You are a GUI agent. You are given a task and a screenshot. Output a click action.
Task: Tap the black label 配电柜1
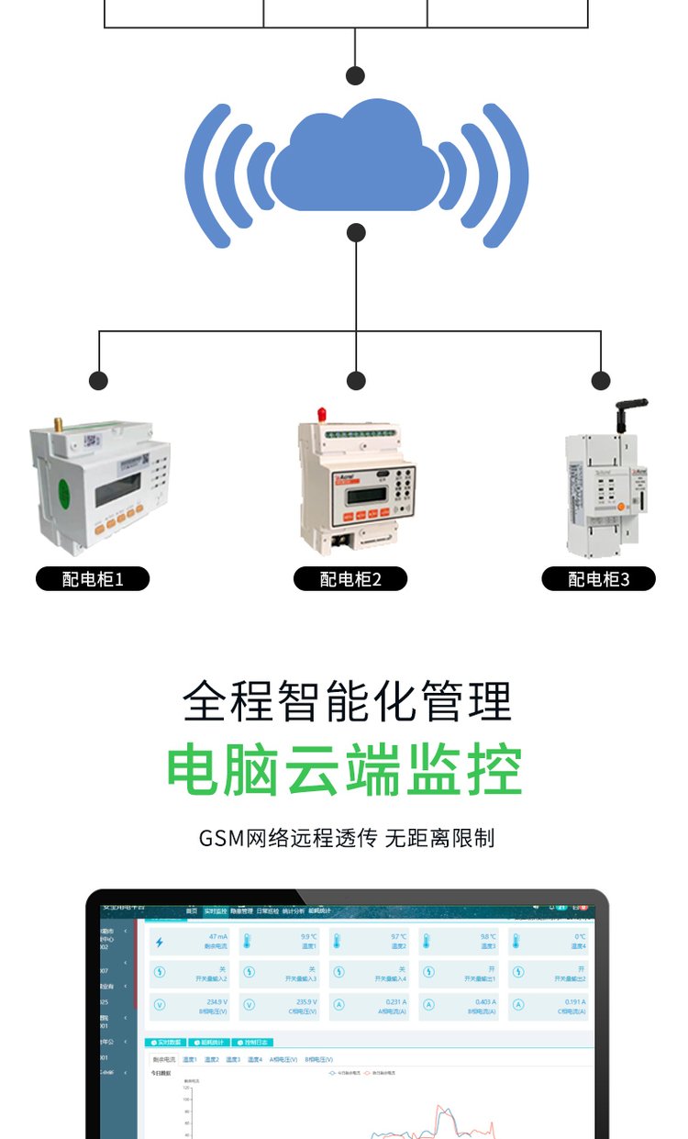93,579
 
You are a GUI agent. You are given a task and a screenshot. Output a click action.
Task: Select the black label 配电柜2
350,579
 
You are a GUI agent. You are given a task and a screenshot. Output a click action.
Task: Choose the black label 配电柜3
599,579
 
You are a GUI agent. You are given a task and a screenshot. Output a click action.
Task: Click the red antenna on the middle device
322,415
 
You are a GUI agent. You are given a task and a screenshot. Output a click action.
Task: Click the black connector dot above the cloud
356,75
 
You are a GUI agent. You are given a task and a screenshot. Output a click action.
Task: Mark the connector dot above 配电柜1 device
99,380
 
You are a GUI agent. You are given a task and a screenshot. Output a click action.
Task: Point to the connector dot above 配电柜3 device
601,380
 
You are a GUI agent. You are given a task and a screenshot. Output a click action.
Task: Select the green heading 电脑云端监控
344,771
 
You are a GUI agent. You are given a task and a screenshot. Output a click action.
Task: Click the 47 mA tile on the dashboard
190,942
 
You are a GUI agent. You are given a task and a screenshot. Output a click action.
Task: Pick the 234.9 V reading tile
190,1006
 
